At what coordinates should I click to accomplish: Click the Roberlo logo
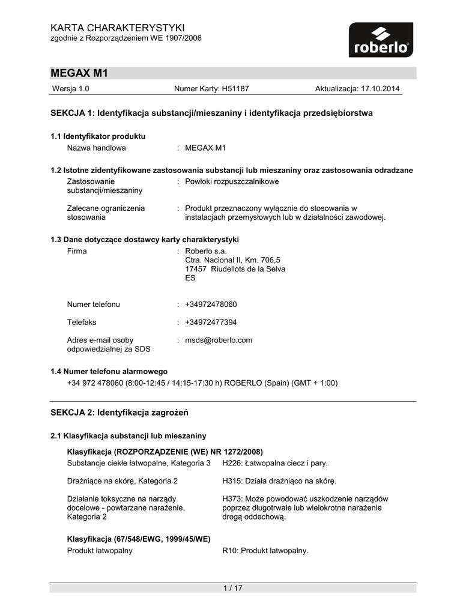click(x=381, y=40)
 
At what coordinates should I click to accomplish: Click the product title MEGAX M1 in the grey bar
click(x=79, y=73)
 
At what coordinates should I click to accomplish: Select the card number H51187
click(x=235, y=89)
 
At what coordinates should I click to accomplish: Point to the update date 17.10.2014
click(x=380, y=89)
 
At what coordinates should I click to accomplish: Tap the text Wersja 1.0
click(x=71, y=89)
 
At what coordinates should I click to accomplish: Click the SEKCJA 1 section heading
click(x=211, y=113)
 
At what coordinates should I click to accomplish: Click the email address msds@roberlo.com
click(x=219, y=341)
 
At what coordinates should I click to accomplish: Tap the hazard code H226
click(x=232, y=463)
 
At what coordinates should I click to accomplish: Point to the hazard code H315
click(x=232, y=481)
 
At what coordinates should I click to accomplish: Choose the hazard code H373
click(x=232, y=498)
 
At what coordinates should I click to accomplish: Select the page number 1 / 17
click(x=232, y=588)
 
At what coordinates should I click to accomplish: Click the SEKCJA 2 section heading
click(x=120, y=413)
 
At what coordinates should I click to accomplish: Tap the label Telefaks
click(x=82, y=323)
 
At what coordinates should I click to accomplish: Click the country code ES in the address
click(x=190, y=278)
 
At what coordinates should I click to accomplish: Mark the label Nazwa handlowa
click(x=96, y=148)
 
